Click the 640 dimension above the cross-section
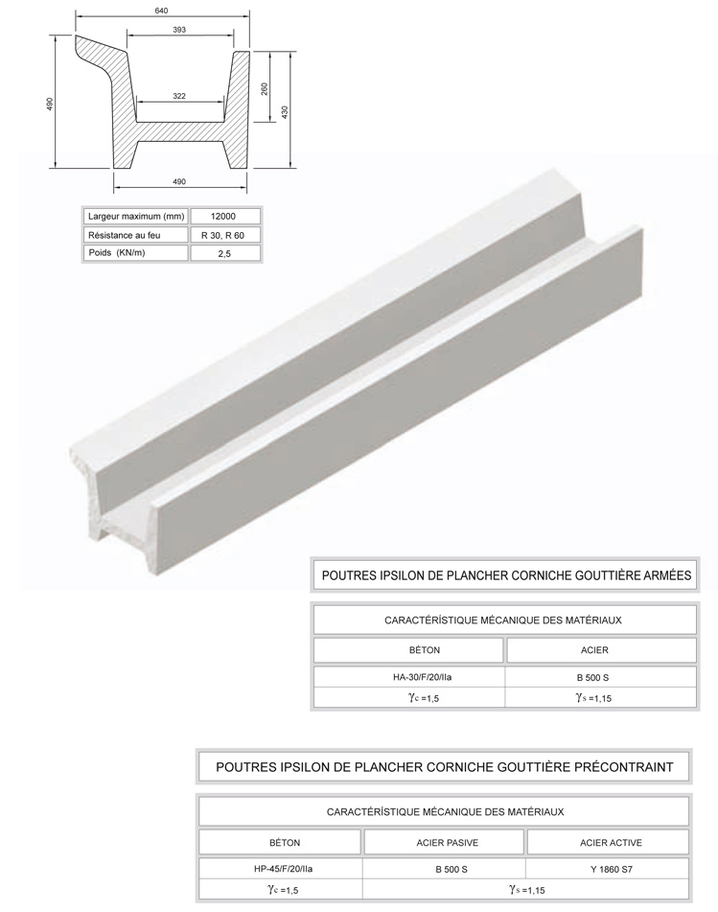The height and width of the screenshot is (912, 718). click(x=161, y=11)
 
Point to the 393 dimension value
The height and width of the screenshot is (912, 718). click(x=179, y=31)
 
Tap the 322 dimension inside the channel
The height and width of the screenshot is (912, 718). click(x=179, y=96)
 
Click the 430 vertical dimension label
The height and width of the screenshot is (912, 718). click(x=285, y=111)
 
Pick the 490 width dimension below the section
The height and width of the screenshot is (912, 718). click(x=179, y=181)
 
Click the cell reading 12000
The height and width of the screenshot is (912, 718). click(x=224, y=216)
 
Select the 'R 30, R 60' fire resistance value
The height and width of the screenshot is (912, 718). click(x=224, y=235)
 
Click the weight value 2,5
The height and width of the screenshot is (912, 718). click(x=224, y=254)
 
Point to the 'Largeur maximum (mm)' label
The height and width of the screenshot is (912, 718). click(x=134, y=216)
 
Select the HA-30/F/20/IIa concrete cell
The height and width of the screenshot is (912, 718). click(x=409, y=677)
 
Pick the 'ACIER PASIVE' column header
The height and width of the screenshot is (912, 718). click(x=444, y=843)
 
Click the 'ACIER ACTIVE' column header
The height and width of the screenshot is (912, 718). click(x=611, y=843)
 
